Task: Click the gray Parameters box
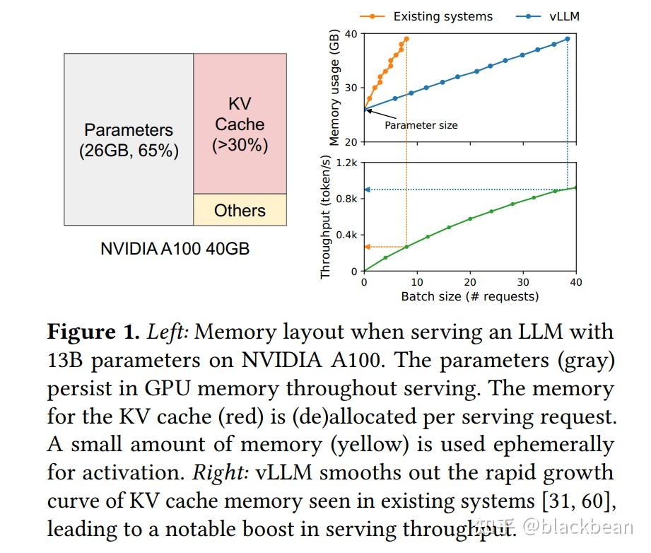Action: pyautogui.click(x=129, y=139)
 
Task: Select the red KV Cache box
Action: pyautogui.click(x=240, y=124)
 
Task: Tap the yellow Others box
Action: pyautogui.click(x=240, y=210)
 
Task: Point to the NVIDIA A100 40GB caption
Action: pyautogui.click(x=175, y=249)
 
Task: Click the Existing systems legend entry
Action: pyautogui.click(x=442, y=16)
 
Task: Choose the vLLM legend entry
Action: pyautogui.click(x=564, y=16)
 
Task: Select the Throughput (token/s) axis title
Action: pyautogui.click(x=326, y=217)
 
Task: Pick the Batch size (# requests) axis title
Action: pyautogui.click(x=469, y=296)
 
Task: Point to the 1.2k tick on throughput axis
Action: pyautogui.click(x=347, y=163)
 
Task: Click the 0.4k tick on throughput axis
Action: pyautogui.click(x=347, y=235)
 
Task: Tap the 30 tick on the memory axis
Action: pyautogui.click(x=351, y=88)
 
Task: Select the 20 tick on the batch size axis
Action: pyautogui.click(x=470, y=282)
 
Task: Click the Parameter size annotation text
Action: pyautogui.click(x=421, y=125)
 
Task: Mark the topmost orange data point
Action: pyautogui.click(x=406, y=39)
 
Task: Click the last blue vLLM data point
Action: pyautogui.click(x=568, y=39)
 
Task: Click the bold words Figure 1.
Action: pyautogui.click(x=92, y=332)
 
